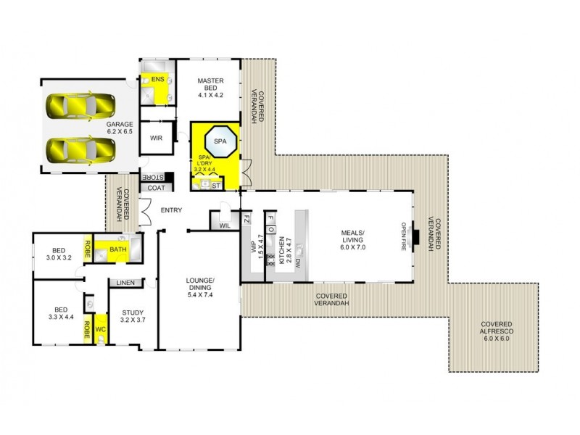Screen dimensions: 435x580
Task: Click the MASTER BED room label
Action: (x=211, y=88)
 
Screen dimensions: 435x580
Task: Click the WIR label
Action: (x=156, y=137)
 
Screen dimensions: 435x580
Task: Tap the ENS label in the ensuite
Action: (x=157, y=79)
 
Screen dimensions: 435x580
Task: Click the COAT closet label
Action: (x=157, y=188)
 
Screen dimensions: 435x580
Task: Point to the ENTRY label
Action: (x=171, y=210)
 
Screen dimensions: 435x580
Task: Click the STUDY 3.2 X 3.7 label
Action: (x=132, y=315)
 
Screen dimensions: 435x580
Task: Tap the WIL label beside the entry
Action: (x=225, y=226)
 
